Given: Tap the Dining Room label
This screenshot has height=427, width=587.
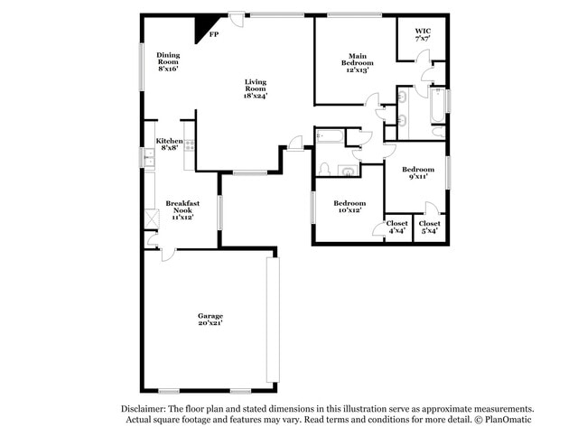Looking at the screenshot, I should tap(168, 61).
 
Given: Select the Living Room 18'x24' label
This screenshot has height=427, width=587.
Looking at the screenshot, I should tap(256, 89).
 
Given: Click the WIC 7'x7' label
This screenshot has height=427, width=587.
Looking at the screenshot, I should tap(423, 35).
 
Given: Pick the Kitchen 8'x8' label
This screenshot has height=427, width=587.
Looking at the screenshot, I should tap(170, 145).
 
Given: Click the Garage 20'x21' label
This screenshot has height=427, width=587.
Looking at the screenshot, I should tap(210, 320).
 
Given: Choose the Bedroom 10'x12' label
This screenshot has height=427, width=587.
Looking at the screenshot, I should tap(348, 207).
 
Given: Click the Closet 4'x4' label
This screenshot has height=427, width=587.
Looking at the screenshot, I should tap(397, 226).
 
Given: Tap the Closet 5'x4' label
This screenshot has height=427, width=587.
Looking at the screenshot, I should tap(430, 226).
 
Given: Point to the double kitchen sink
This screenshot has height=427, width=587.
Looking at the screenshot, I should tap(148, 161).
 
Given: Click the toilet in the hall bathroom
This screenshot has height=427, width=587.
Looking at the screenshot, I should tap(323, 170).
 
